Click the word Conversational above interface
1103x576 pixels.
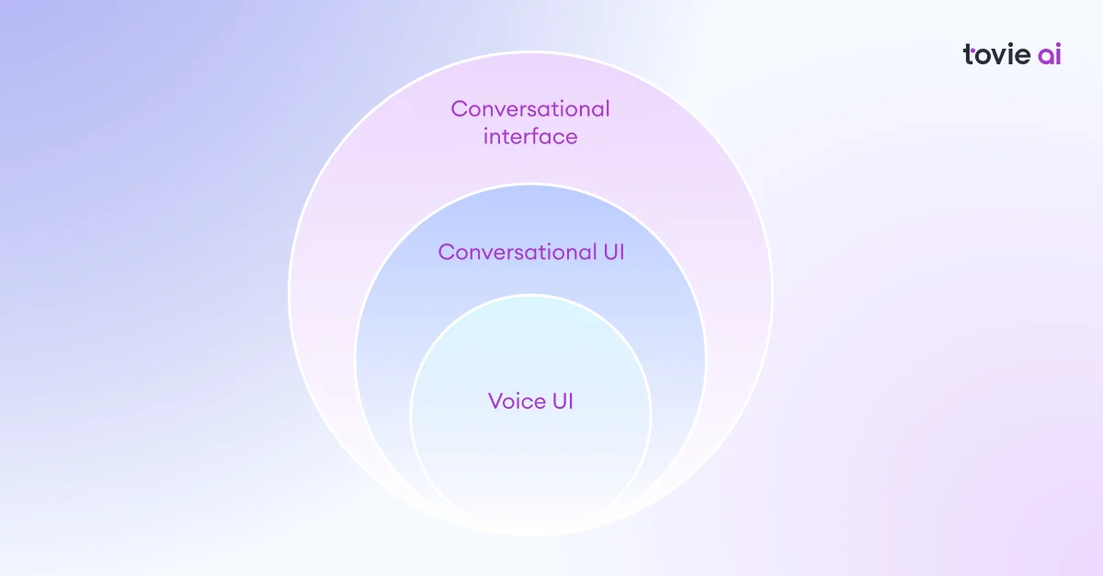(x=530, y=108)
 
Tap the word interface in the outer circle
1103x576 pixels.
(x=530, y=136)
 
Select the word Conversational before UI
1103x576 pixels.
(x=517, y=252)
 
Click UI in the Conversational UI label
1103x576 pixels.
(x=614, y=252)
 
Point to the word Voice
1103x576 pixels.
(x=517, y=401)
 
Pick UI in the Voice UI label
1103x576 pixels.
(x=563, y=401)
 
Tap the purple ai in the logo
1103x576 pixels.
(x=1050, y=54)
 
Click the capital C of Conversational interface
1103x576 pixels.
(x=459, y=108)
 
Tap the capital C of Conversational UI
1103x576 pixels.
(x=446, y=252)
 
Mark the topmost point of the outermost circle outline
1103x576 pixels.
(x=530, y=51)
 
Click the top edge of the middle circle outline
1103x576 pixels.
(x=530, y=185)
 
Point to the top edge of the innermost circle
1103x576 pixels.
(x=530, y=295)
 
